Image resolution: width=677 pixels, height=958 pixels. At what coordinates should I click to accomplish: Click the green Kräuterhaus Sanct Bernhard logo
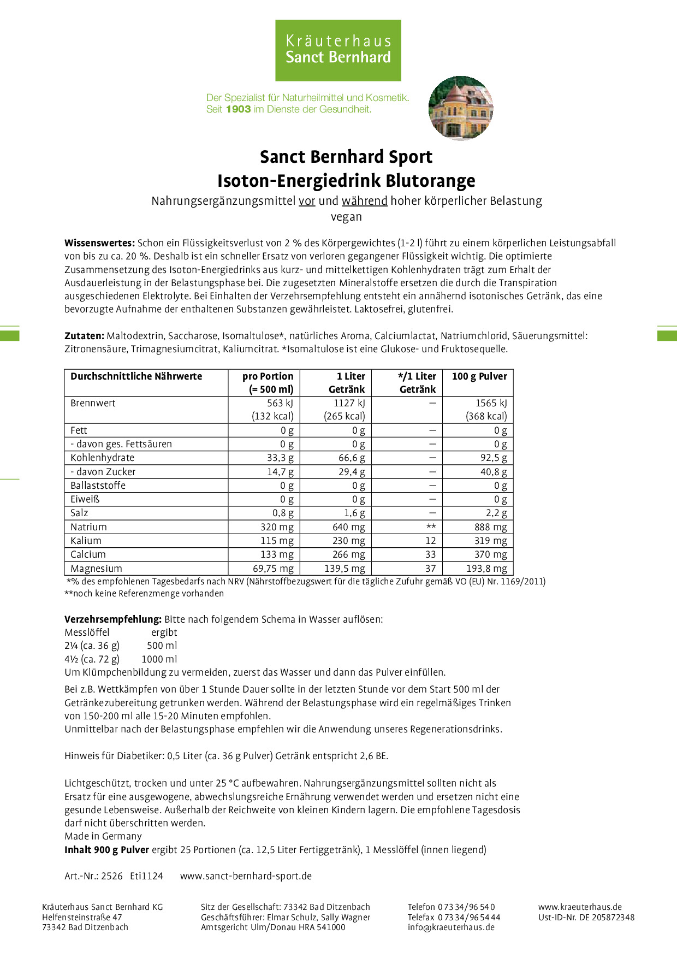click(338, 50)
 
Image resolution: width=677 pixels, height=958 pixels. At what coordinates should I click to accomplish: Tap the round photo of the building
click(461, 108)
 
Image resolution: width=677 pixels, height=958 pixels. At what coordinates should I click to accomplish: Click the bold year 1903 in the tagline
click(238, 109)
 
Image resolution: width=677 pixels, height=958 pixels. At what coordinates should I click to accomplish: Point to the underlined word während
click(364, 201)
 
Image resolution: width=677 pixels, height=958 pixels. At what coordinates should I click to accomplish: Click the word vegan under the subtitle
click(346, 217)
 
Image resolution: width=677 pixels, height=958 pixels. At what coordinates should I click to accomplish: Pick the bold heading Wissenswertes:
click(99, 243)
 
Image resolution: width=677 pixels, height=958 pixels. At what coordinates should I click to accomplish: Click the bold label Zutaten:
click(84, 336)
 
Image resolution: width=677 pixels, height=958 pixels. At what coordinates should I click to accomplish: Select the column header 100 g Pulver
click(479, 376)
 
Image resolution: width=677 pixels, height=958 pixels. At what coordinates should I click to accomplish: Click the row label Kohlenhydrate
click(102, 458)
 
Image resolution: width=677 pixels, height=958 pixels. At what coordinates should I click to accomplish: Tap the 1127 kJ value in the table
click(349, 403)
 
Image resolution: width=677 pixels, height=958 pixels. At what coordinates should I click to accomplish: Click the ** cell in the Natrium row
click(431, 527)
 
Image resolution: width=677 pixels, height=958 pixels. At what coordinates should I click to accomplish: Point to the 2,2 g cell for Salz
click(496, 513)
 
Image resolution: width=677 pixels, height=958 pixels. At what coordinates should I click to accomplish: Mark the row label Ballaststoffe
click(98, 486)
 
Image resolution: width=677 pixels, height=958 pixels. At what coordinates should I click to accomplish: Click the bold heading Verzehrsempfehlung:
click(113, 619)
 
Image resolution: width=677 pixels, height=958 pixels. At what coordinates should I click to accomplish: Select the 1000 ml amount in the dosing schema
click(159, 659)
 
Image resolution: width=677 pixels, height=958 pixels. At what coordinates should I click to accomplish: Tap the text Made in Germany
click(103, 836)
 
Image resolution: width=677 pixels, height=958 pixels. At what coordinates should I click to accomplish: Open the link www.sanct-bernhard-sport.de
click(246, 876)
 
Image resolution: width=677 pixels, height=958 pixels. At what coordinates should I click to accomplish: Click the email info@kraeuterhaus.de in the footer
click(451, 927)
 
